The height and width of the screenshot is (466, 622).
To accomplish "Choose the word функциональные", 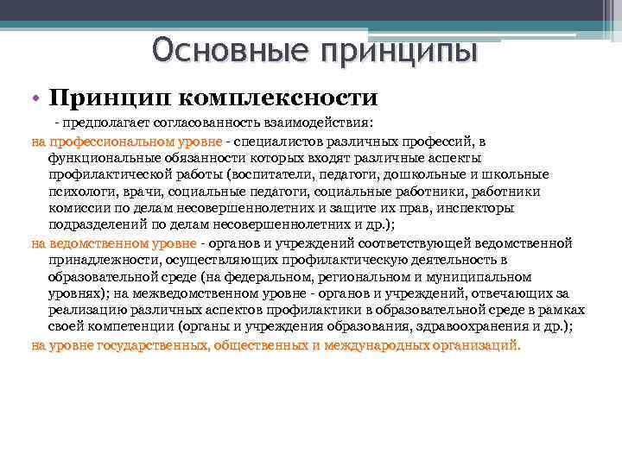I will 102,158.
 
